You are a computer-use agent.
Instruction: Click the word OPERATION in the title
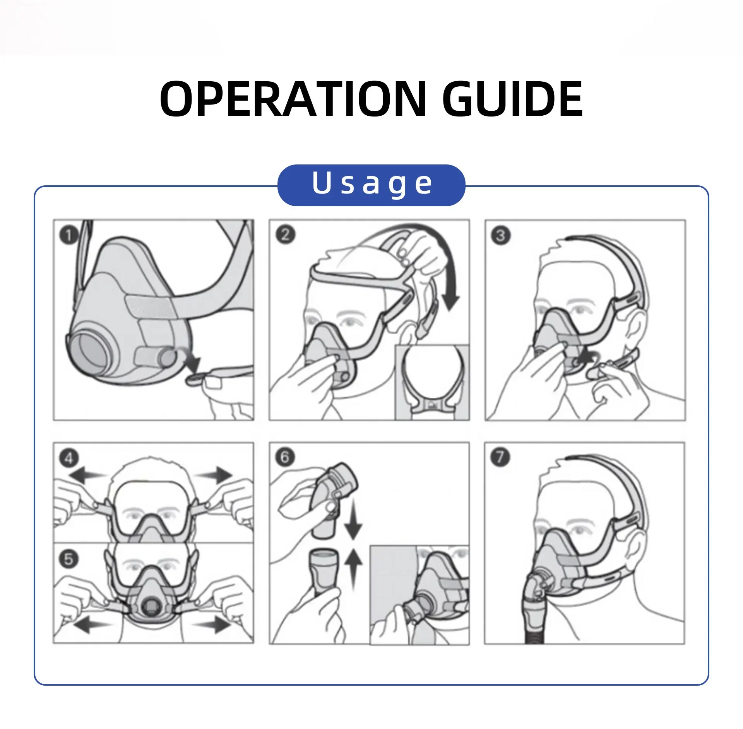[x=293, y=99]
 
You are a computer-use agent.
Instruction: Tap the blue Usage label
[x=371, y=185]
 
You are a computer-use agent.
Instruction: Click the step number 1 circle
[x=69, y=235]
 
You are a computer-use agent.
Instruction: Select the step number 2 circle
[x=285, y=235]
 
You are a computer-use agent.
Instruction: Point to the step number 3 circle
[x=500, y=235]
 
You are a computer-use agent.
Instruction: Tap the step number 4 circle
[x=69, y=458]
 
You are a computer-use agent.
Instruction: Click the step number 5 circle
[x=69, y=559]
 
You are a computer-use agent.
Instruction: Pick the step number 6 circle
[x=285, y=457]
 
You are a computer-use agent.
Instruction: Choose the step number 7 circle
[x=500, y=457]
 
